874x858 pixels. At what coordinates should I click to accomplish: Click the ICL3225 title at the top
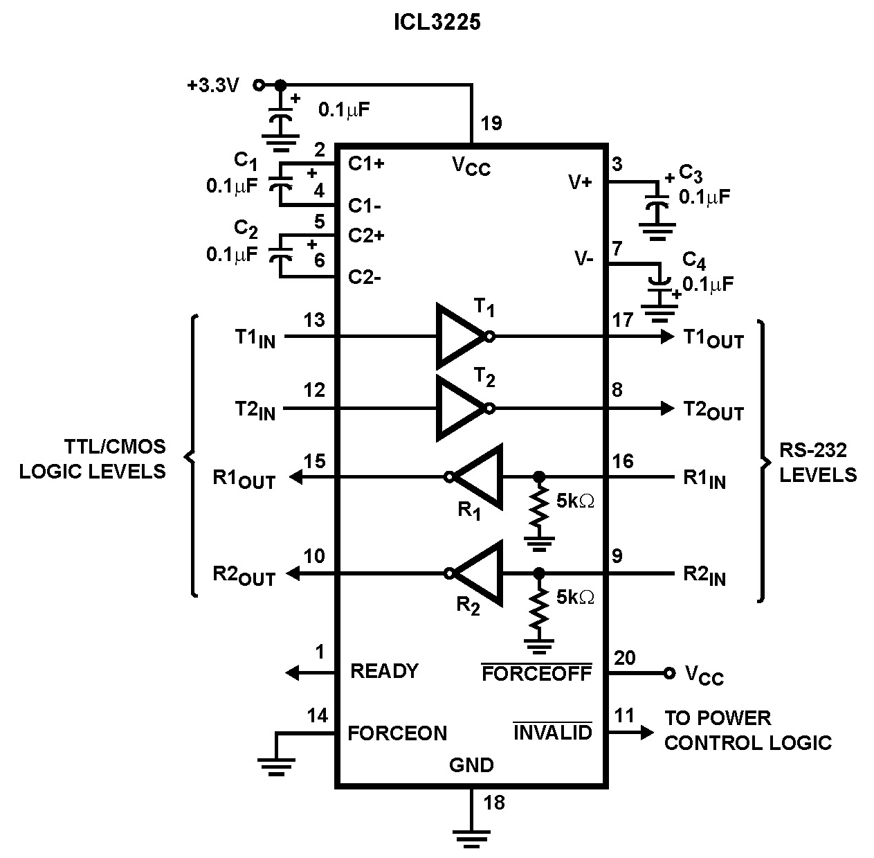pyautogui.click(x=437, y=22)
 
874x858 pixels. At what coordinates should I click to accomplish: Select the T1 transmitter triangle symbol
pyautogui.click(x=458, y=337)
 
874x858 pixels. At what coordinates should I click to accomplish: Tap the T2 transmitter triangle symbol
pyautogui.click(x=458, y=409)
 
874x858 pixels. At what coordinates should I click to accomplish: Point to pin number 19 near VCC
pyautogui.click(x=491, y=124)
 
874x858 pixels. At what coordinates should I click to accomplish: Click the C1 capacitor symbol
pyautogui.click(x=280, y=185)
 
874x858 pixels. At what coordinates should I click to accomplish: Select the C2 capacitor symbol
pyautogui.click(x=280, y=256)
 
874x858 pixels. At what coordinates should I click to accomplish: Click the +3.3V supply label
pyautogui.click(x=213, y=85)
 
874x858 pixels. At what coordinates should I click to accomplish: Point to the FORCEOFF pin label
pyautogui.click(x=536, y=673)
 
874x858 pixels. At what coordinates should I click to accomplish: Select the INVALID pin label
pyautogui.click(x=552, y=732)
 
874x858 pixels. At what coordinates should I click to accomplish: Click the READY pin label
pyautogui.click(x=384, y=671)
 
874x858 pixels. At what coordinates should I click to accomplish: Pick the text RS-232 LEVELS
pyautogui.click(x=817, y=463)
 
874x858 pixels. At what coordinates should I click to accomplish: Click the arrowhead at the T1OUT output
pyautogui.click(x=667, y=337)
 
